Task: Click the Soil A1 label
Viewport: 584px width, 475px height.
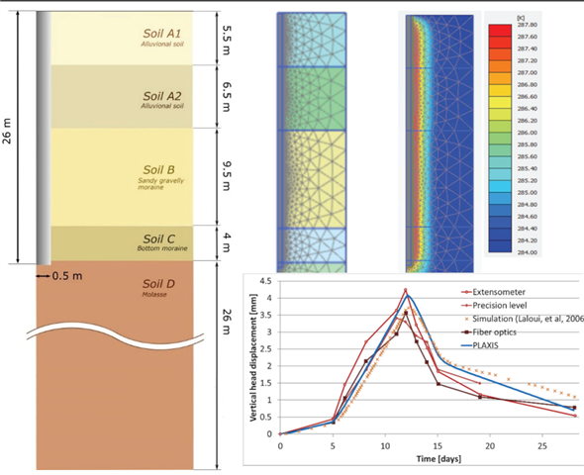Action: click(x=159, y=32)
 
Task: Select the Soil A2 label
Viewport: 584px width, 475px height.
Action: click(x=159, y=93)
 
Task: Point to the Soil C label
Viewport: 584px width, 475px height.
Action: click(x=159, y=238)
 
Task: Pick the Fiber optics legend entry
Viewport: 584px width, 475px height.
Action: click(x=501, y=333)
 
